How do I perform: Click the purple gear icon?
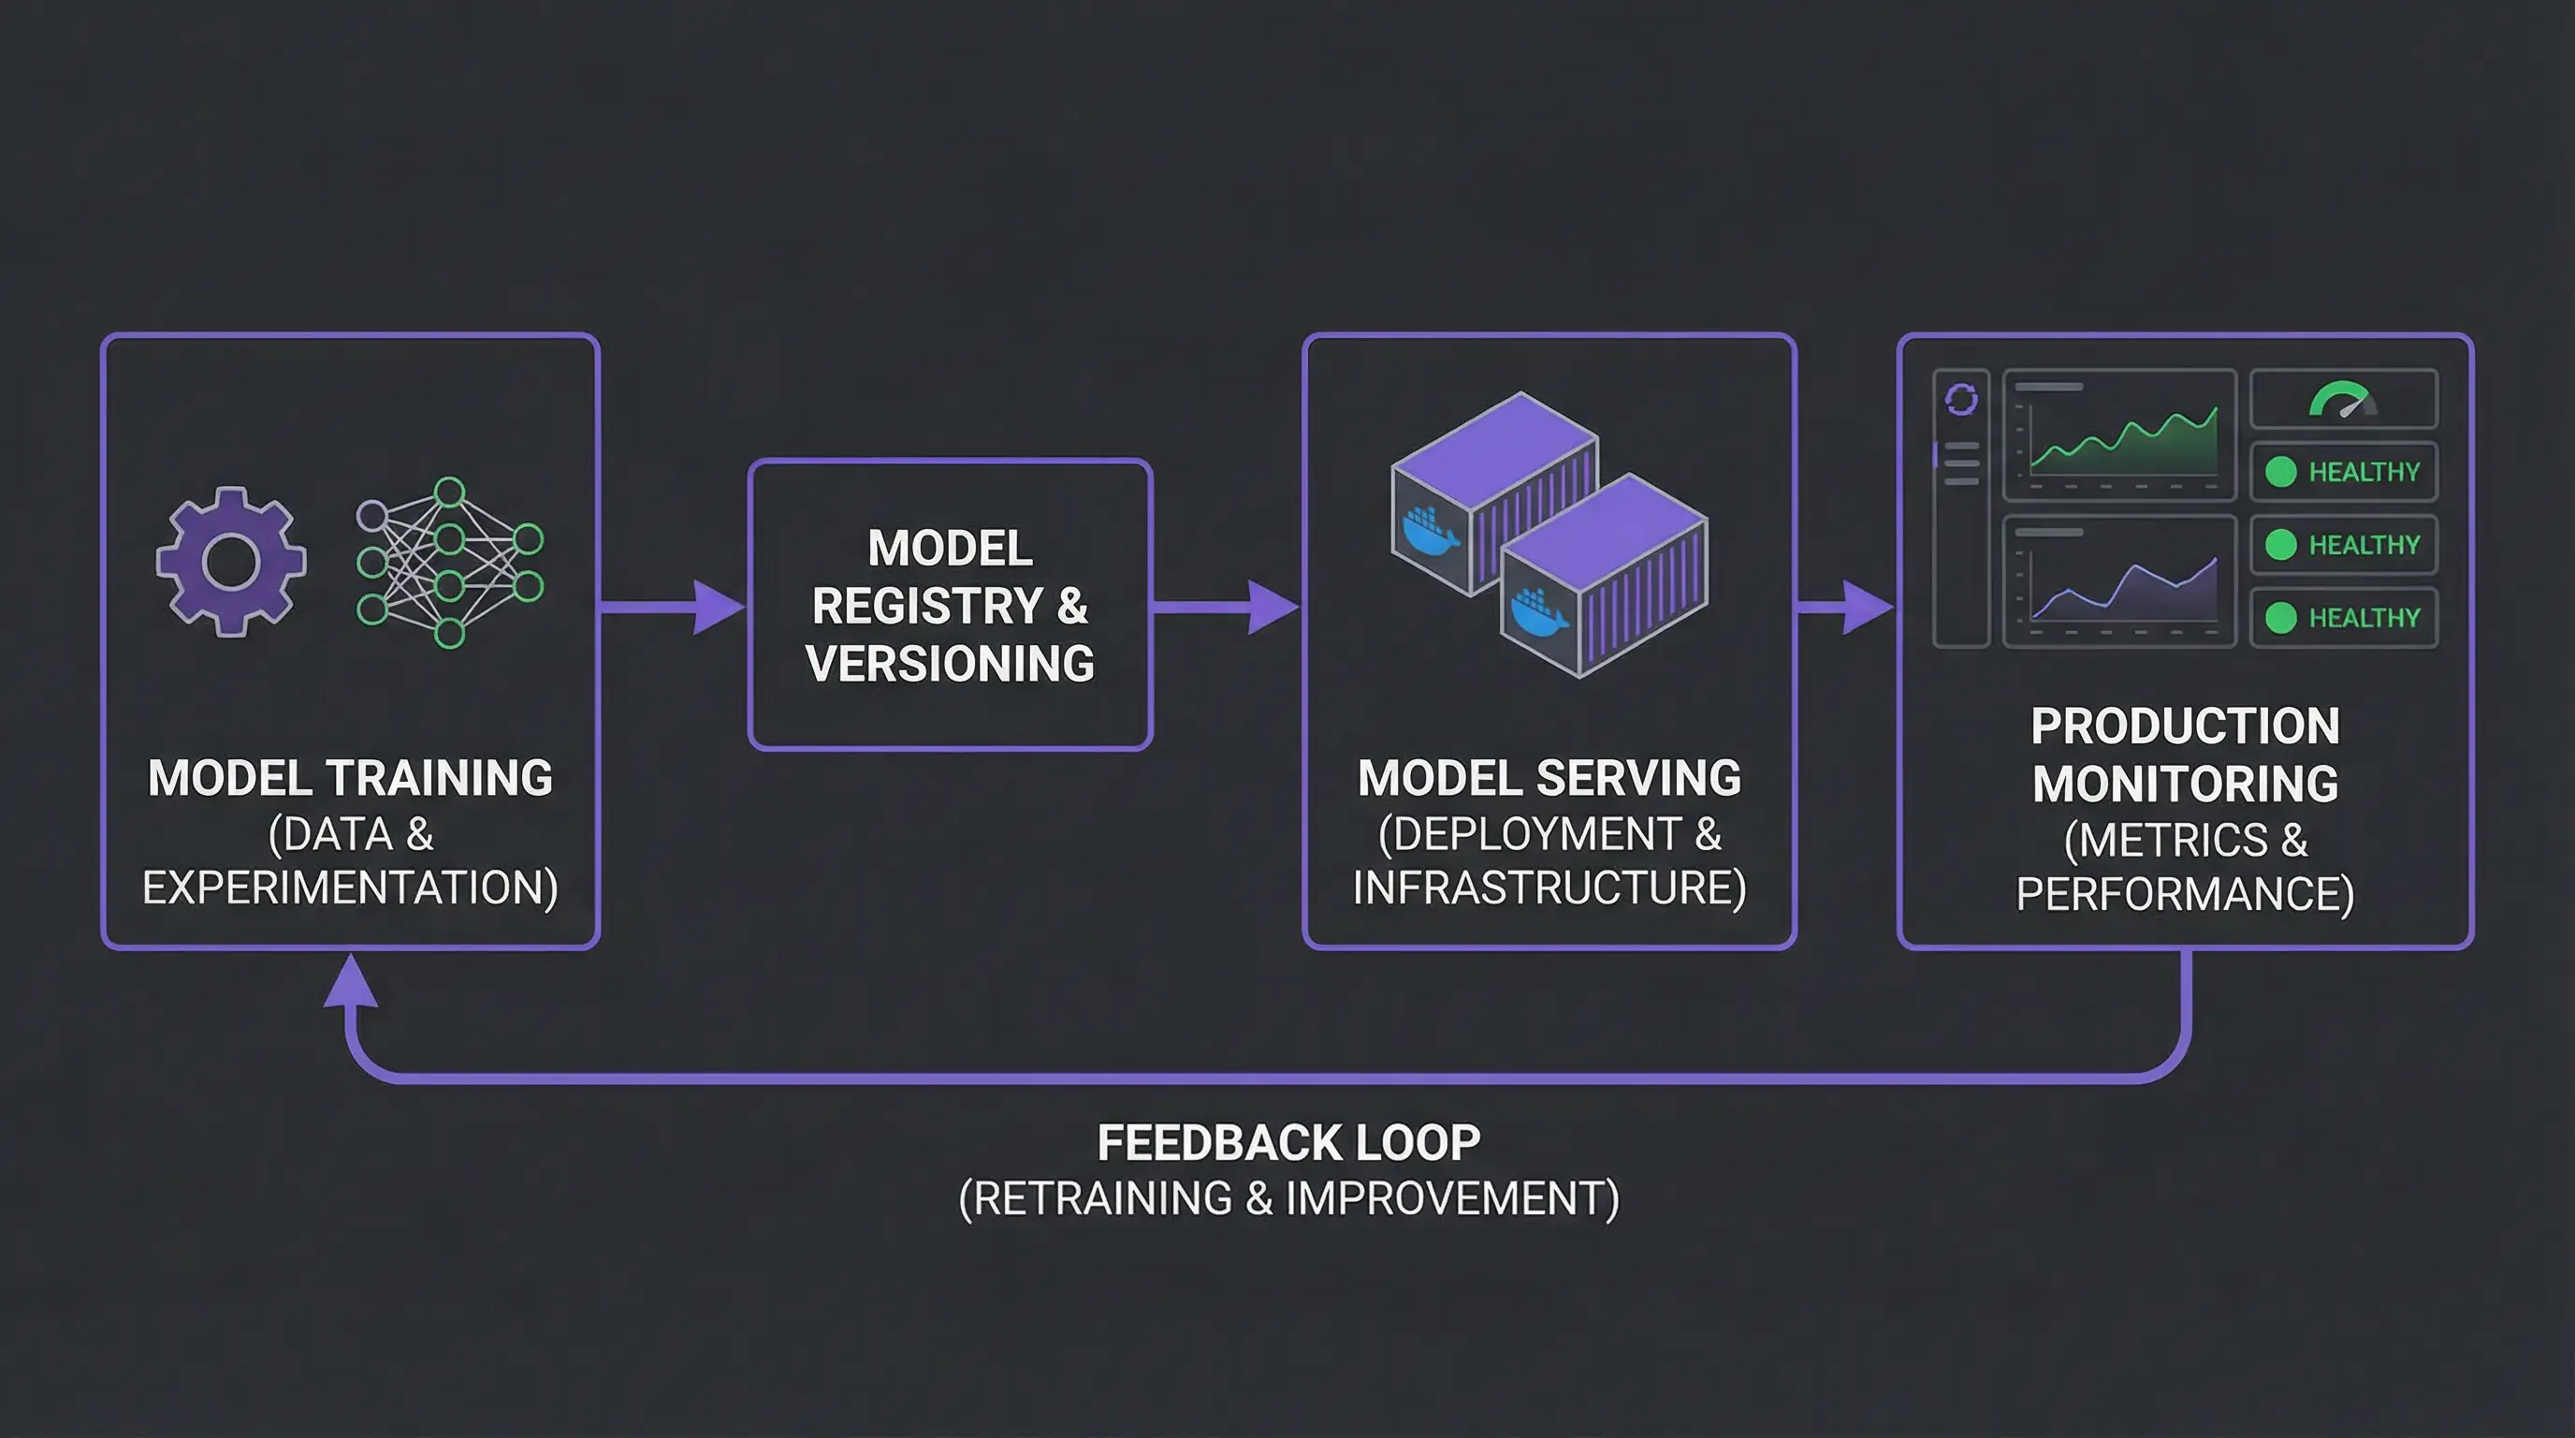pos(231,562)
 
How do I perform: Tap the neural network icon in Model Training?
pos(450,563)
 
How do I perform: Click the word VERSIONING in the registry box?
pos(950,664)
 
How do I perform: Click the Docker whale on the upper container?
pos(1431,531)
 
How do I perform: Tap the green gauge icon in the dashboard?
pos(2343,399)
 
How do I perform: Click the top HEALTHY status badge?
pos(2343,472)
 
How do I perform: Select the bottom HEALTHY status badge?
pos(2343,618)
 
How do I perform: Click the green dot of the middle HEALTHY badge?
pos(2280,545)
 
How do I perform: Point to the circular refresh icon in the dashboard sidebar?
pos(1961,400)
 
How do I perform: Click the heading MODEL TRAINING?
pos(350,778)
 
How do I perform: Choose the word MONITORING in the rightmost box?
pos(2185,783)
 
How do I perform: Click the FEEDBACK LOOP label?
pos(1288,1143)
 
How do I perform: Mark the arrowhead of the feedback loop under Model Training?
pos(351,980)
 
